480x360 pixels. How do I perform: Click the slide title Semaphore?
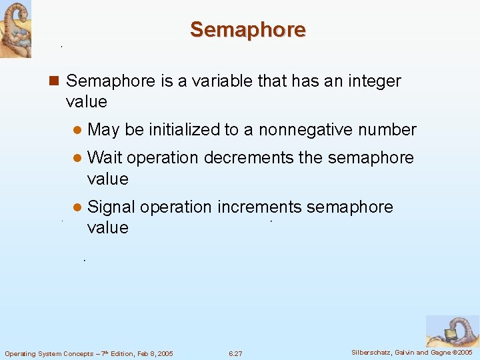click(x=247, y=29)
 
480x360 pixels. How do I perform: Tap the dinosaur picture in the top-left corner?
click(x=15, y=29)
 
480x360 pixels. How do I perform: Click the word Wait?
click(x=105, y=158)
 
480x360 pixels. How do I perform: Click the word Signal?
click(x=111, y=207)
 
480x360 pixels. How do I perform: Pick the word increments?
click(x=259, y=207)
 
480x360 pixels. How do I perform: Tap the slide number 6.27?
click(x=235, y=353)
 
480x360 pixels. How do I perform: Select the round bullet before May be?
click(x=77, y=130)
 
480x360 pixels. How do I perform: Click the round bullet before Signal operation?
click(x=77, y=207)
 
